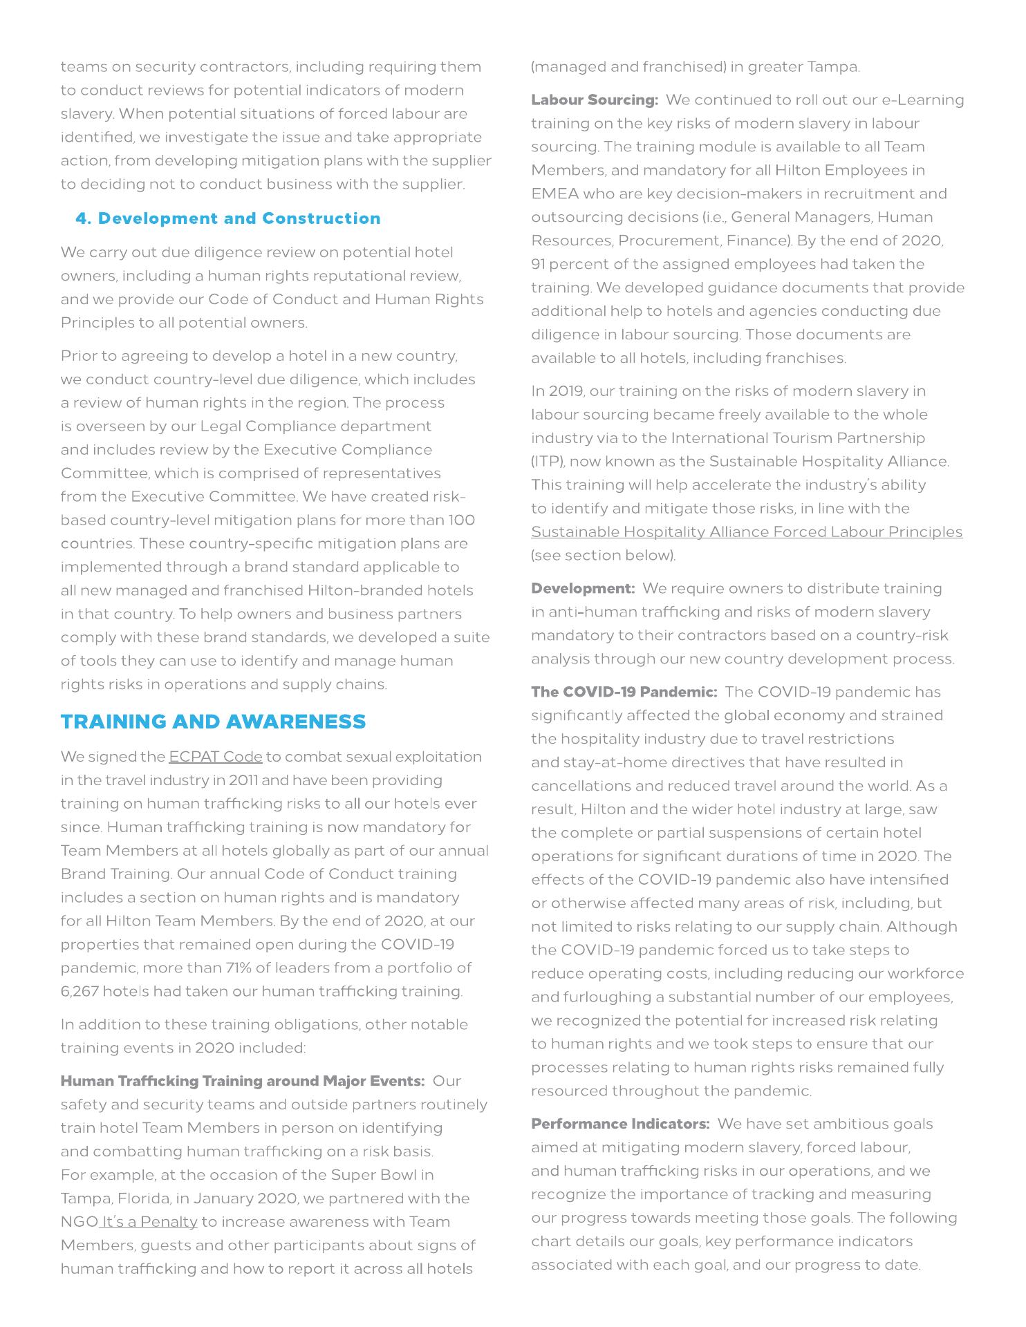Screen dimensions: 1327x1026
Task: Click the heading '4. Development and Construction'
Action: click(x=228, y=218)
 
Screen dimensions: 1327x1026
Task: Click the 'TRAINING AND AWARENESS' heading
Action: click(x=213, y=722)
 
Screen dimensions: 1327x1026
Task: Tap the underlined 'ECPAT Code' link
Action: click(x=216, y=757)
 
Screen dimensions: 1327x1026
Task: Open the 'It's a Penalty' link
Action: click(x=149, y=1222)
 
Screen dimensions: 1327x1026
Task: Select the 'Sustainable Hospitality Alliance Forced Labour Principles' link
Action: click(x=747, y=532)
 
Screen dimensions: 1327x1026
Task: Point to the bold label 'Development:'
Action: click(x=583, y=589)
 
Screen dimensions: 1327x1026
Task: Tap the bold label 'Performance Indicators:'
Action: click(x=620, y=1124)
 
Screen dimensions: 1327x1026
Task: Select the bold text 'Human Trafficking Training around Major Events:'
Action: click(x=243, y=1081)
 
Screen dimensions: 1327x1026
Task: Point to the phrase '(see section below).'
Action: click(x=604, y=556)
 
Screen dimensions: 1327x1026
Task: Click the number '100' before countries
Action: click(x=461, y=520)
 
